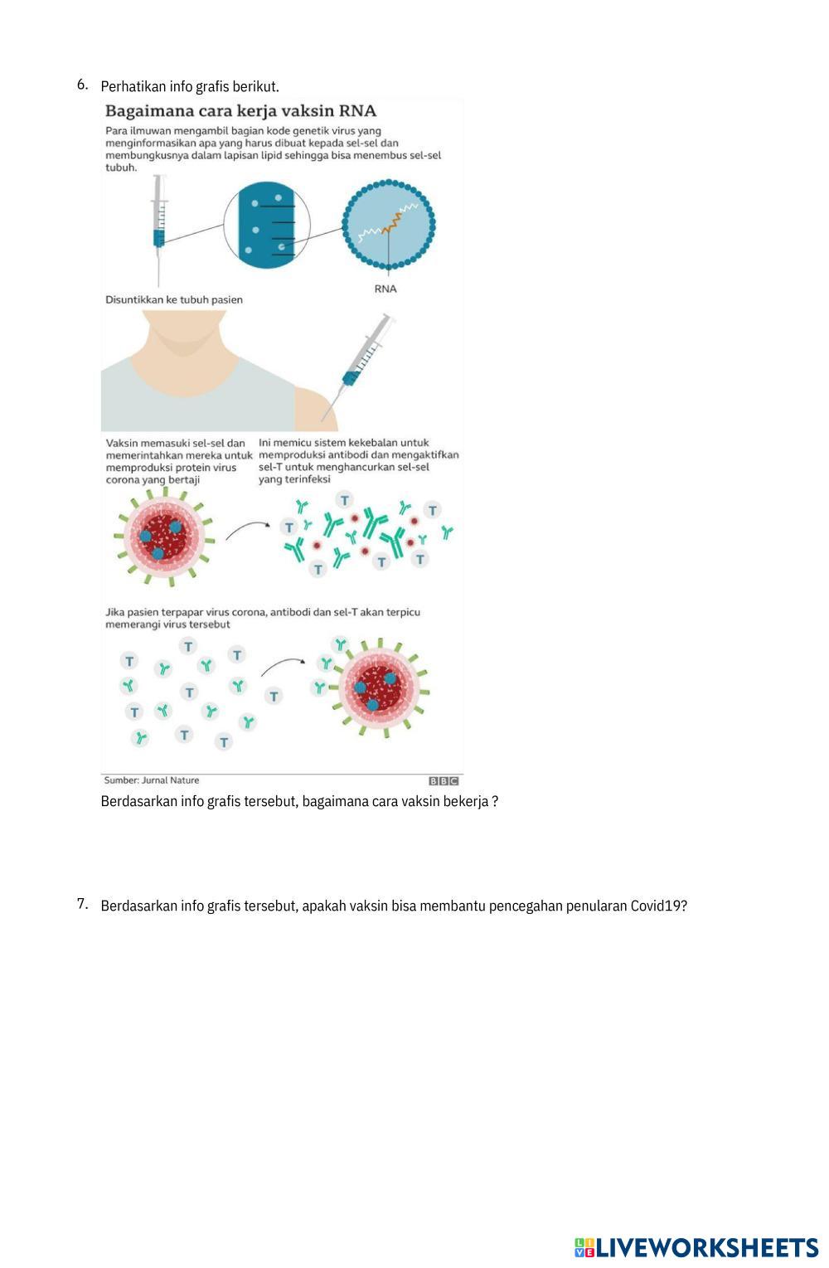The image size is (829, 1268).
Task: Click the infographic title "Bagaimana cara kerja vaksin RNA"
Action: tap(240, 111)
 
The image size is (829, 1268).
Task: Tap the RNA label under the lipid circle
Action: tap(385, 289)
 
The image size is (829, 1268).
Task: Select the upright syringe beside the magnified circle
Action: tap(159, 228)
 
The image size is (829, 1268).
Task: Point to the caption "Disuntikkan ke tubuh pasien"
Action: tap(174, 299)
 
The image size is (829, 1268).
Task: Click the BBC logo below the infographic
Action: tap(444, 780)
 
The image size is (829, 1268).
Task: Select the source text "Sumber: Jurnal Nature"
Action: tap(152, 780)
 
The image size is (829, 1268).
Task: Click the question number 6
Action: tap(82, 85)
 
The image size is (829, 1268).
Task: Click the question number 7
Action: tap(82, 904)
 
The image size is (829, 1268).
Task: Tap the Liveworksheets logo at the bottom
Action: tap(696, 1247)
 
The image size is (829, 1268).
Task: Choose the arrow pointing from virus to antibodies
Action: tap(248, 530)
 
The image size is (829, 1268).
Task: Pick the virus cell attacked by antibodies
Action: tap(379, 687)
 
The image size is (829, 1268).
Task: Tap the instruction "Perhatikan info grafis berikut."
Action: tap(190, 86)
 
